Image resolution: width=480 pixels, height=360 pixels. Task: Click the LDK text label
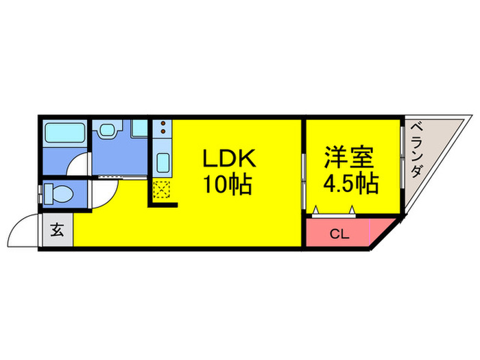click(228, 159)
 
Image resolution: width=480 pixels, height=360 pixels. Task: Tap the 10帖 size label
click(228, 184)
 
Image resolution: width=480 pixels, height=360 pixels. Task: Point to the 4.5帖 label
click(351, 184)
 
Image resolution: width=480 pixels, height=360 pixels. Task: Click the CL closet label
click(339, 234)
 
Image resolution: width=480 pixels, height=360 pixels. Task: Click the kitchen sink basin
click(163, 163)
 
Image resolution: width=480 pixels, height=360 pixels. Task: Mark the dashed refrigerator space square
click(163, 189)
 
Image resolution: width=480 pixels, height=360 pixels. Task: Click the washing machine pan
click(140, 128)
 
